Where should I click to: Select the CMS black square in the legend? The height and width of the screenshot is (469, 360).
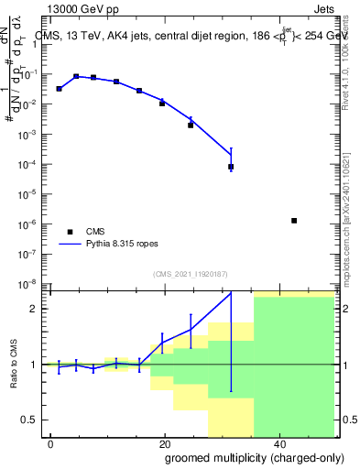(x=70, y=232)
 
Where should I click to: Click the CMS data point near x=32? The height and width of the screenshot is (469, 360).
(x=231, y=167)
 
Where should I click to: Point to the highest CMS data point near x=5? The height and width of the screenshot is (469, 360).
(x=76, y=77)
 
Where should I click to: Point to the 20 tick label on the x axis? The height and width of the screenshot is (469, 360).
(x=163, y=443)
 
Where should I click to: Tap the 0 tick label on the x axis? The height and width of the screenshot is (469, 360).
(x=51, y=443)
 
